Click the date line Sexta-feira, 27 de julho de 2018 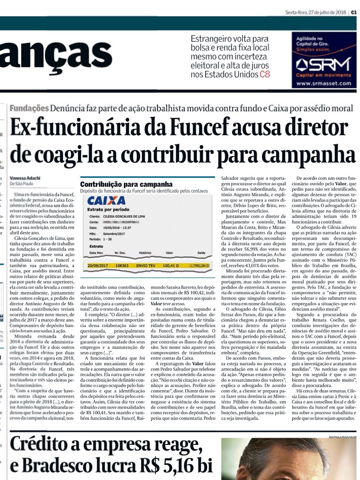point(315,12)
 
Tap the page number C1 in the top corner point(354,12)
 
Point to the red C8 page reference point(265,74)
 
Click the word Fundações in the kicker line point(29,108)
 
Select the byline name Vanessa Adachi point(25,178)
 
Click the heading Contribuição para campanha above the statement point(126,184)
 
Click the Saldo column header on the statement point(201,253)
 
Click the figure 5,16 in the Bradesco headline point(177,466)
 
